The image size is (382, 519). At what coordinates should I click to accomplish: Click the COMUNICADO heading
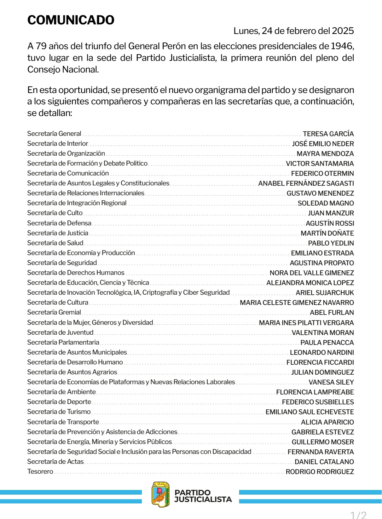pyautogui.click(x=71, y=20)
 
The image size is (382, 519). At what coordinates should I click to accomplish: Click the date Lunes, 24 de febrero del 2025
pyautogui.click(x=294, y=31)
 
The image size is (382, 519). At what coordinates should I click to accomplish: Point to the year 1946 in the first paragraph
pyautogui.click(x=342, y=46)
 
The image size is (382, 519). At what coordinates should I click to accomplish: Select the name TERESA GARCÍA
pyautogui.click(x=328, y=134)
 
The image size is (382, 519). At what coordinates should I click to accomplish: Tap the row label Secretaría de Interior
pyautogui.click(x=58, y=144)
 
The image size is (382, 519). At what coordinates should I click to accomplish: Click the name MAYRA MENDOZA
pyautogui.click(x=325, y=154)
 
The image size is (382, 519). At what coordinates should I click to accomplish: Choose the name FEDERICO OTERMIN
pyautogui.click(x=322, y=174)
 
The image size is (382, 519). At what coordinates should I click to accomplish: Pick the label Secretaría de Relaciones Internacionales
pyautogui.click(x=86, y=193)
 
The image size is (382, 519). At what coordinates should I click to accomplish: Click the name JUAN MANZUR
pyautogui.click(x=331, y=213)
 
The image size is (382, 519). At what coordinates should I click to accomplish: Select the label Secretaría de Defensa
pyautogui.click(x=59, y=223)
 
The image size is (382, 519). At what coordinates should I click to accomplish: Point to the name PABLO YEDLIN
pyautogui.click(x=331, y=243)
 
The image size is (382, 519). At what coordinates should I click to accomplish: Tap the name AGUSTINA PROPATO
pyautogui.click(x=322, y=263)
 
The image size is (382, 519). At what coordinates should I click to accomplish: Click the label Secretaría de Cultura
pyautogui.click(x=58, y=302)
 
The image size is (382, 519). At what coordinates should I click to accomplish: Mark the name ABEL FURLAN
pyautogui.click(x=332, y=313)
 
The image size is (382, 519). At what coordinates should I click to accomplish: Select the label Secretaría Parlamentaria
pyautogui.click(x=63, y=342)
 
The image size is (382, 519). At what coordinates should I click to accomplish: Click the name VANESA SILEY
pyautogui.click(x=331, y=382)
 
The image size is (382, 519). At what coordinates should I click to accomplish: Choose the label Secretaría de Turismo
pyautogui.click(x=59, y=412)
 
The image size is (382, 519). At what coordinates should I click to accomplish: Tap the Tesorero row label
pyautogui.click(x=40, y=472)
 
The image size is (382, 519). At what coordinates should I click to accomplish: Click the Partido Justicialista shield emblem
pyautogui.click(x=161, y=494)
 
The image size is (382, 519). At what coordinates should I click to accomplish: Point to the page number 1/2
pyautogui.click(x=358, y=515)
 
